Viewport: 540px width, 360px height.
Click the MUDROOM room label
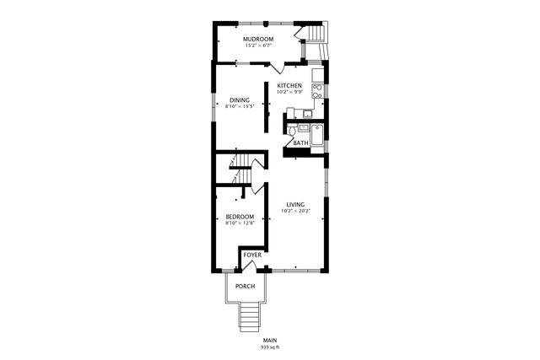coord(258,40)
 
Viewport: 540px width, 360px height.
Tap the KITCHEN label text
coord(289,86)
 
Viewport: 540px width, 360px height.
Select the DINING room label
coord(240,100)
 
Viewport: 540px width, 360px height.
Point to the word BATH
coord(301,142)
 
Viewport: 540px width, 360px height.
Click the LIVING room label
coord(295,204)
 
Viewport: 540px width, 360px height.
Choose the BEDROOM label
coord(240,217)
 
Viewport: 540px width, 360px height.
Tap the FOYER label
coord(252,255)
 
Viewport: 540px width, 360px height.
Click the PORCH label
coord(246,287)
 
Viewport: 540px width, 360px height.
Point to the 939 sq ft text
coord(270,347)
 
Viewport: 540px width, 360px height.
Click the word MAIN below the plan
coord(270,341)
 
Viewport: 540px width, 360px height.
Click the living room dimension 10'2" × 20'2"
coord(296,211)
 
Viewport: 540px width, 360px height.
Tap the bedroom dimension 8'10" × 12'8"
coord(240,223)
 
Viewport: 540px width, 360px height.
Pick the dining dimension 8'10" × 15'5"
coord(240,106)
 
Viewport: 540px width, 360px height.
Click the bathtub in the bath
coord(317,136)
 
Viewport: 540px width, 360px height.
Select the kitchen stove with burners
coord(317,91)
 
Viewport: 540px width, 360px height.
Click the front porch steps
coord(249,317)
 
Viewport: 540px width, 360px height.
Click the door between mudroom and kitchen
coord(278,68)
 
